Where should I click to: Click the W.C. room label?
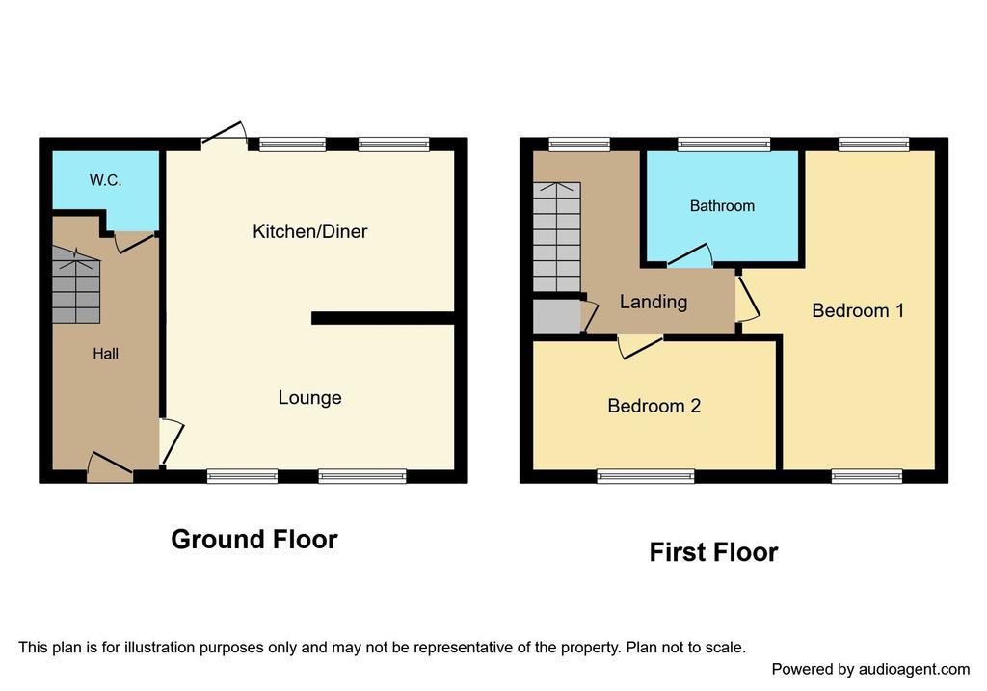point(105,180)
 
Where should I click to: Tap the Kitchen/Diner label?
point(309,231)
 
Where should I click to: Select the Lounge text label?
point(309,398)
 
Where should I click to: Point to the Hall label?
point(105,354)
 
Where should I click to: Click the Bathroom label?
point(722,206)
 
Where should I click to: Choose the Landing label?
point(654,302)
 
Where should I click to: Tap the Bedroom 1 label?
point(858,310)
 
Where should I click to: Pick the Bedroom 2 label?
point(654,406)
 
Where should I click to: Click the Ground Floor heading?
point(254,540)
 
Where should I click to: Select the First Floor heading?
point(714,552)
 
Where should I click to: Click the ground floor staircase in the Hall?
point(76,284)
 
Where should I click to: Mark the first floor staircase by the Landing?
point(557,237)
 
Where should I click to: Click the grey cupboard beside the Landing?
point(557,316)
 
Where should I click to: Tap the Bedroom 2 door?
point(641,347)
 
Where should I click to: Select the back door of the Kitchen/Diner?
point(224,134)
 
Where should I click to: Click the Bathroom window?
point(724,145)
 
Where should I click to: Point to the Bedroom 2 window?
point(646,476)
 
